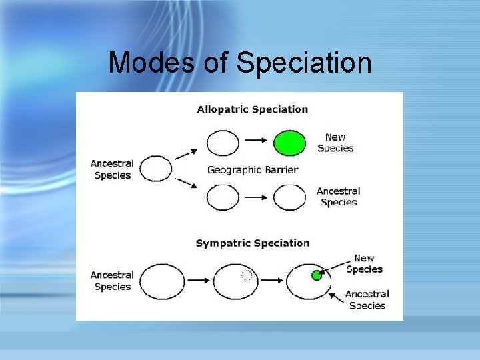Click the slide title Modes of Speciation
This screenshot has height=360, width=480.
click(240, 63)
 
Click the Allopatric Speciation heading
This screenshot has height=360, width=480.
click(252, 109)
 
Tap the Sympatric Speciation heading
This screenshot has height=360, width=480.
click(252, 243)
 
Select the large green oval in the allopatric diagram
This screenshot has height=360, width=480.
click(290, 143)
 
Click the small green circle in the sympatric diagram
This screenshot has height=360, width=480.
click(317, 275)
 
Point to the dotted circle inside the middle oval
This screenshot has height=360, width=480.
click(246, 275)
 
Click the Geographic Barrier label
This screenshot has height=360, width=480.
click(253, 169)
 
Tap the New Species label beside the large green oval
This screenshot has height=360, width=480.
click(335, 143)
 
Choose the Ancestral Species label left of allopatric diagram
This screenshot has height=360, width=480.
click(112, 169)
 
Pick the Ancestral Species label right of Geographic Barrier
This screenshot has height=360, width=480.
click(339, 197)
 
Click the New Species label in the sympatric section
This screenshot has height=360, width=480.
click(364, 264)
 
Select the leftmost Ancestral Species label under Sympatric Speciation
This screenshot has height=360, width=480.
click(112, 281)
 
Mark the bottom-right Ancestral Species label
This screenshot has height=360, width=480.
click(367, 299)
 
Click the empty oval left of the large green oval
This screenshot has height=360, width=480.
click(223, 143)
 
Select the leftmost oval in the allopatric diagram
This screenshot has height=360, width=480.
click(157, 169)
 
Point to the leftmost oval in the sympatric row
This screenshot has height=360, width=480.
click(163, 281)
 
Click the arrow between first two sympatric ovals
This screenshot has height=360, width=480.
click(199, 281)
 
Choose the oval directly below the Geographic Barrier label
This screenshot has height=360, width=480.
click(223, 197)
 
